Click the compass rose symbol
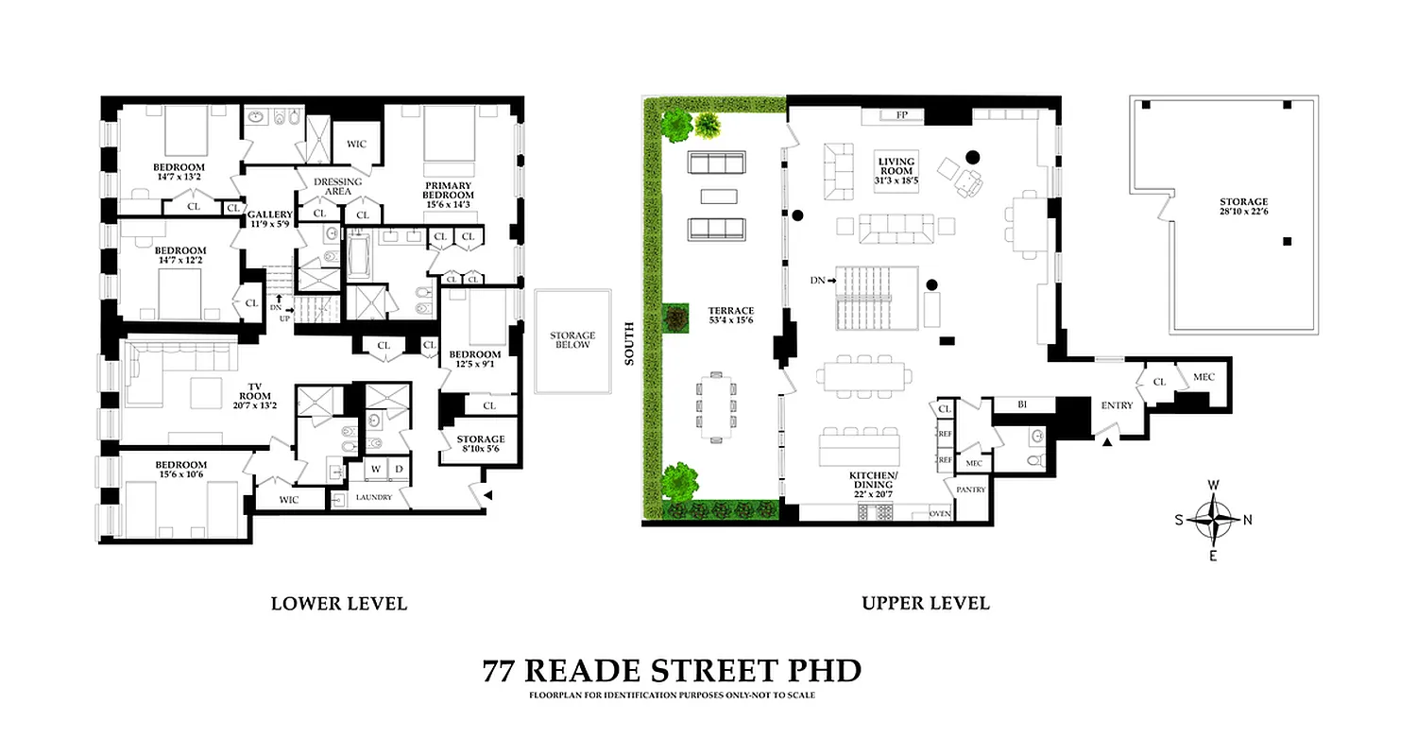coord(1213,519)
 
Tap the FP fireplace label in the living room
coord(901,115)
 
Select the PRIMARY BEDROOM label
coord(449,190)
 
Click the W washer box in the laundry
coord(375,470)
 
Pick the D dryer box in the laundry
coord(399,470)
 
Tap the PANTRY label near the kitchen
coord(970,490)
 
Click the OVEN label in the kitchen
coord(939,513)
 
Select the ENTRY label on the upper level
coord(1117,405)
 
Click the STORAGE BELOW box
coord(573,340)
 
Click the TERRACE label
coord(732,310)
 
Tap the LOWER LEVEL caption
coord(339,603)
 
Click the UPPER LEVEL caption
coord(925,603)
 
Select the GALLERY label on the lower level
coord(270,215)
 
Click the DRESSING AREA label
coord(337,186)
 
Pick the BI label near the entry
coord(1022,404)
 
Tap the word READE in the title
coord(585,671)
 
